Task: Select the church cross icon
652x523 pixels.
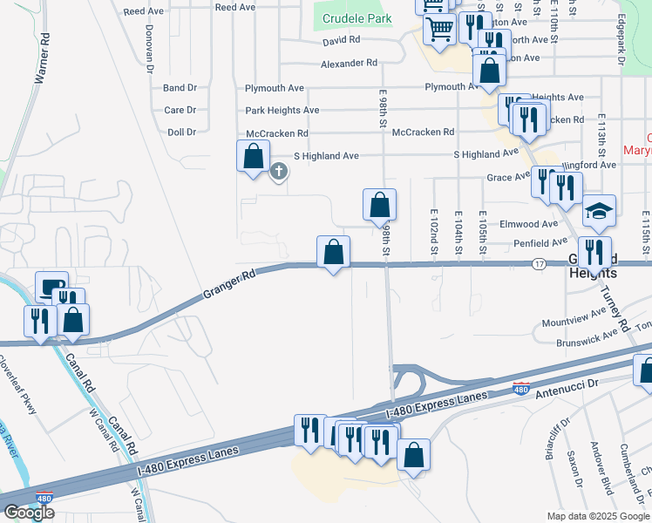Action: [x=279, y=172]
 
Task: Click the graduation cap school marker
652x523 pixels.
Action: [x=599, y=211]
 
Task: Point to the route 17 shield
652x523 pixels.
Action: [x=540, y=263]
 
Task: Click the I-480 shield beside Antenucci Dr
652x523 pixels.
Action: [x=521, y=388]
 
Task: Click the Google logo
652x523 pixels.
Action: [x=29, y=513]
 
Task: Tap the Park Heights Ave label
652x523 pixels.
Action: [x=282, y=111]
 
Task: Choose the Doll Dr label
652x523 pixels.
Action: [x=181, y=132]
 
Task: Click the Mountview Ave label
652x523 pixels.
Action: [x=574, y=320]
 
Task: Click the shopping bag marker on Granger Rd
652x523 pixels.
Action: [x=333, y=253]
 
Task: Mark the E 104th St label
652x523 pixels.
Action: [x=458, y=234]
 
